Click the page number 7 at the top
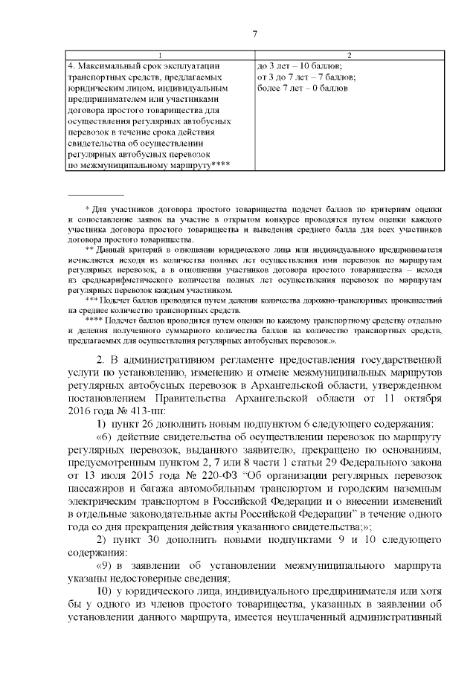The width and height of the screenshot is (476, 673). pos(254,33)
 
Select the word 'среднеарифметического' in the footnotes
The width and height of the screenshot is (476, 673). pos(135,280)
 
